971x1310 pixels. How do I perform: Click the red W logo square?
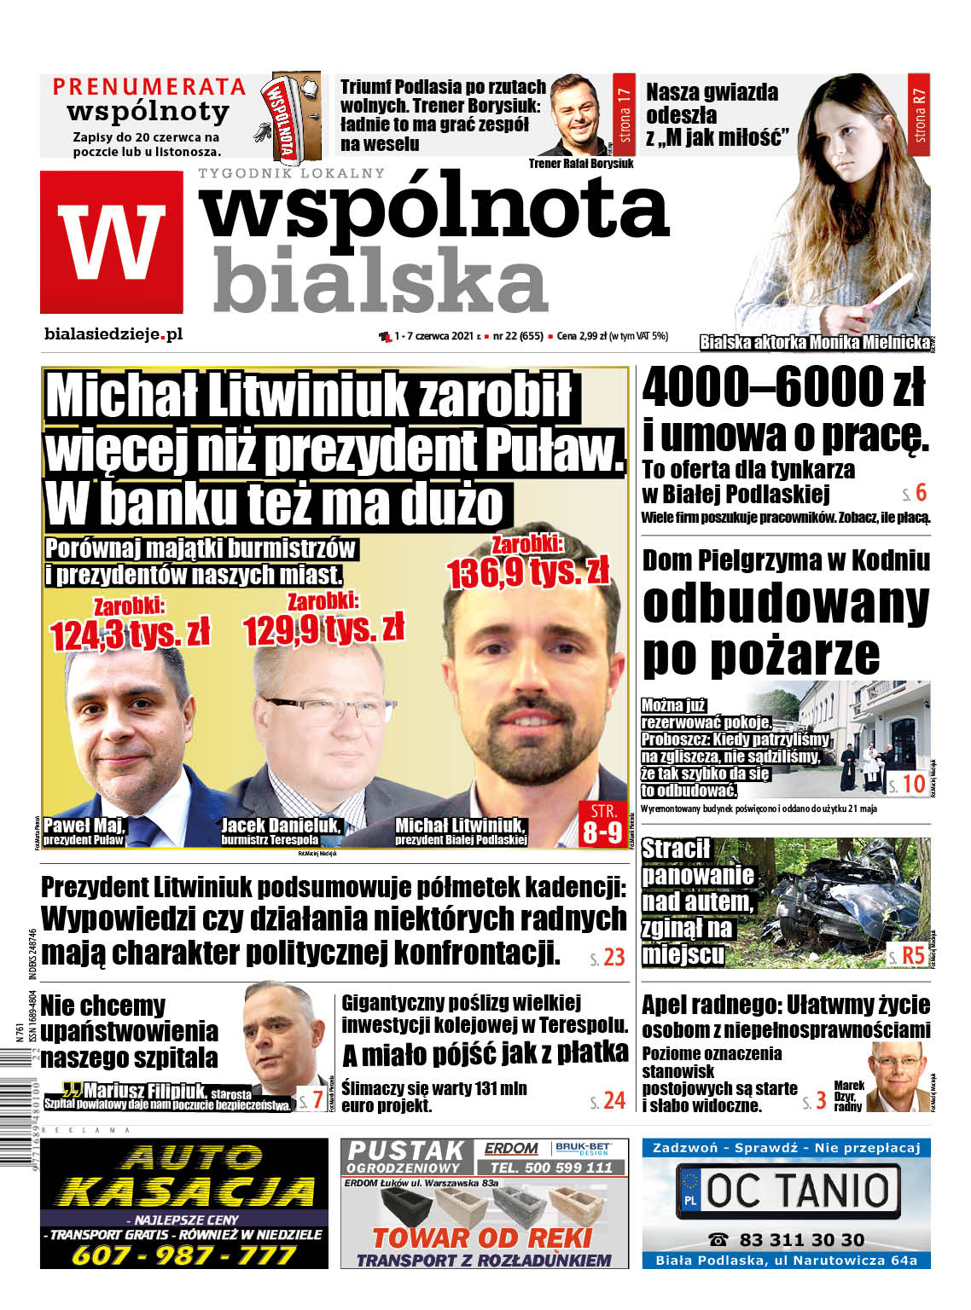pyautogui.click(x=111, y=241)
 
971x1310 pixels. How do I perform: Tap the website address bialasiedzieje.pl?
pyautogui.click(x=113, y=333)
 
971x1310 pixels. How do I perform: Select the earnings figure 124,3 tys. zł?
pyautogui.click(x=130, y=635)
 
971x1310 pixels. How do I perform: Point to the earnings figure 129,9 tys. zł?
pyautogui.click(x=323, y=629)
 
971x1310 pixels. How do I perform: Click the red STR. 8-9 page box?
pyautogui.click(x=602, y=823)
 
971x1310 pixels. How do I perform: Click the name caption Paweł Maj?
pyautogui.click(x=84, y=825)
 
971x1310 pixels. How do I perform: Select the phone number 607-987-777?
pyautogui.click(x=183, y=1255)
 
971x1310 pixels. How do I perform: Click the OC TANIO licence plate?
pyautogui.click(x=786, y=1191)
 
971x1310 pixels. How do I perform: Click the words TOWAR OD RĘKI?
pyautogui.click(x=482, y=1237)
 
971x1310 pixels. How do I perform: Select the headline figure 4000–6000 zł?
pyautogui.click(x=783, y=387)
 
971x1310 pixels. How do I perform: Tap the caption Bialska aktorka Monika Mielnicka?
pyautogui.click(x=814, y=342)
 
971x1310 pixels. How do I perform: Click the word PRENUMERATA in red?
pyautogui.click(x=148, y=86)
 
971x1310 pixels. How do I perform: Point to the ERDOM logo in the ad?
pyautogui.click(x=511, y=1149)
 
